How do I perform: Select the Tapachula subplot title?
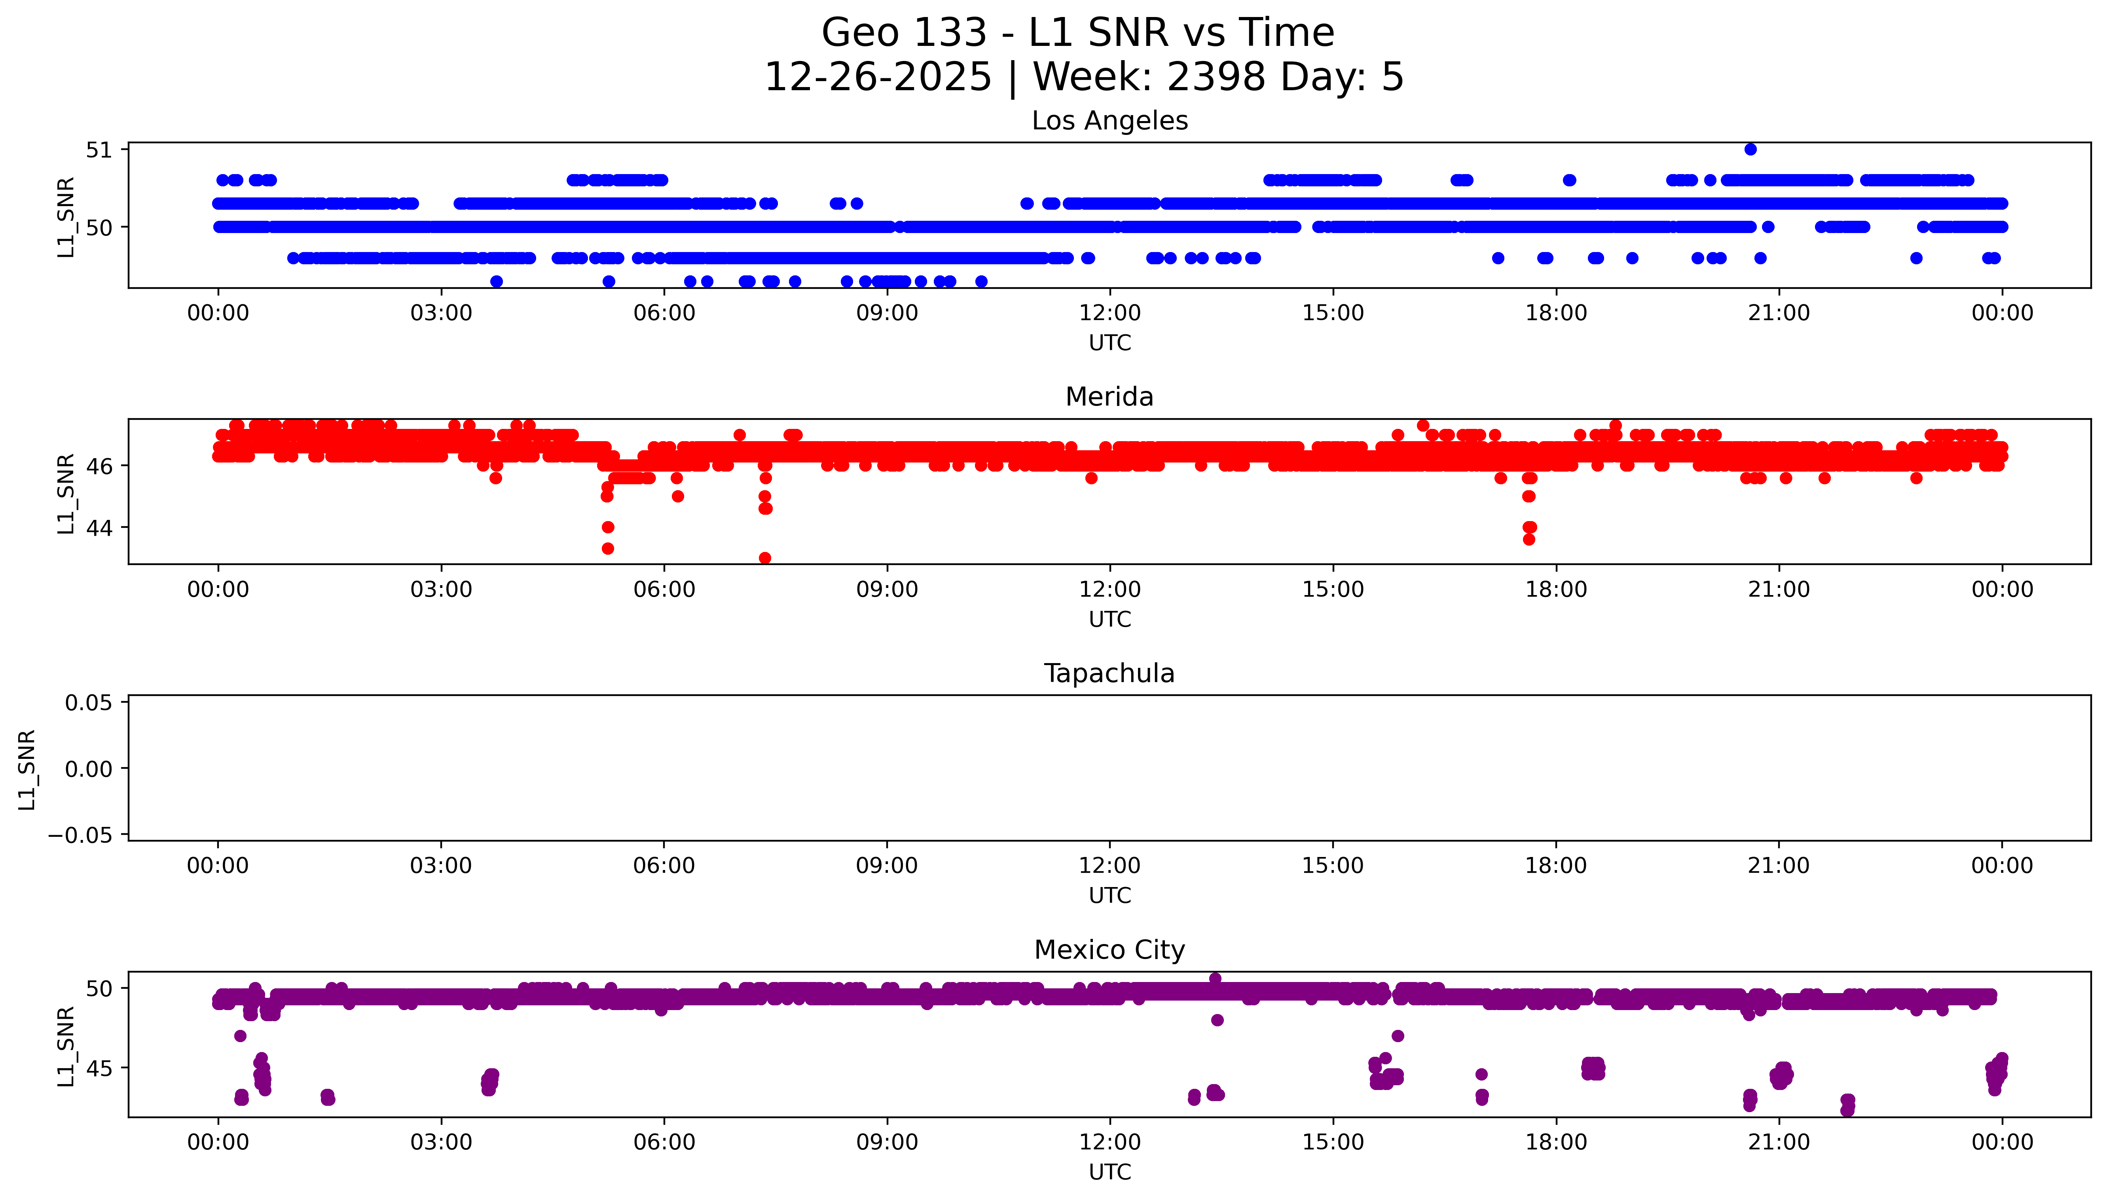click(1109, 673)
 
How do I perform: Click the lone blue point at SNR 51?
click(1750, 149)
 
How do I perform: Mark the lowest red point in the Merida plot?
click(765, 558)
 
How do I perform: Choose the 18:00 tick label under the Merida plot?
click(1556, 589)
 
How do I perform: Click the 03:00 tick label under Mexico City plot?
click(441, 1142)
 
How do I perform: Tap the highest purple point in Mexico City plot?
click(1215, 978)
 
